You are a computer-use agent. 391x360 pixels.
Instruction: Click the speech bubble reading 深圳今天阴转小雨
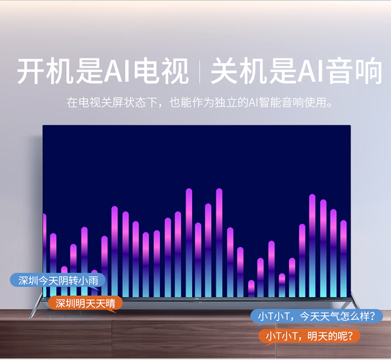pyautogui.click(x=57, y=280)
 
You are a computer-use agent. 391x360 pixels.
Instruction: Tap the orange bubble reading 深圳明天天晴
pyautogui.click(x=85, y=303)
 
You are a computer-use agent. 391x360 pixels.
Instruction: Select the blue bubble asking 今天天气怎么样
pyautogui.click(x=316, y=316)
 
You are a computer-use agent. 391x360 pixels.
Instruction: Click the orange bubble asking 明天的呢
pyautogui.click(x=309, y=336)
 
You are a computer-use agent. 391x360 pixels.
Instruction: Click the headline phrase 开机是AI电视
pyautogui.click(x=103, y=70)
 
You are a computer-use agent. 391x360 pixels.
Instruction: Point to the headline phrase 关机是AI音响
pyautogui.click(x=297, y=70)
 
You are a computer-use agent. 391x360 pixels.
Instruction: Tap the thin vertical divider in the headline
pyautogui.click(x=200, y=71)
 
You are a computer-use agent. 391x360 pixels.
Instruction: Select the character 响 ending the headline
pyautogui.click(x=369, y=71)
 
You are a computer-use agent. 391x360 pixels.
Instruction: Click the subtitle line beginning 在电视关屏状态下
pyautogui.click(x=199, y=102)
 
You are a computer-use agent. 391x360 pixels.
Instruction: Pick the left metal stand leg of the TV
pyautogui.click(x=36, y=306)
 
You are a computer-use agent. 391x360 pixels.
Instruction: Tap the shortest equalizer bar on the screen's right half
pyautogui.click(x=251, y=289)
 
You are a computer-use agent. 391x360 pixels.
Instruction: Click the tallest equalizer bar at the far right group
pyautogui.click(x=312, y=246)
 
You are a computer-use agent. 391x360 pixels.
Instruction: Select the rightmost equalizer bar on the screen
pyautogui.click(x=344, y=258)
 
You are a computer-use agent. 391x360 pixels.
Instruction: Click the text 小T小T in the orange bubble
pyautogui.click(x=282, y=337)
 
